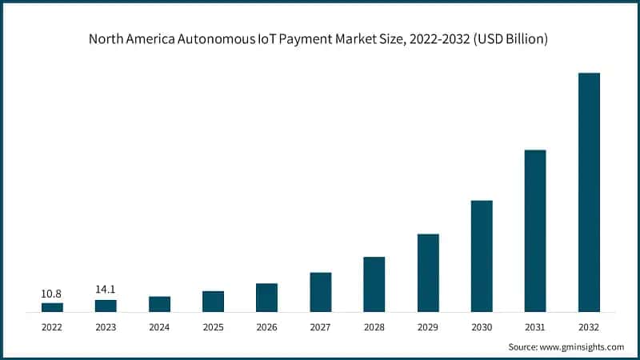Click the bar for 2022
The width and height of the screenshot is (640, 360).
coord(52,307)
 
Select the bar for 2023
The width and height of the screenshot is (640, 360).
coord(106,306)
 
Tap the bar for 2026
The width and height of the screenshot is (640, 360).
coord(266,297)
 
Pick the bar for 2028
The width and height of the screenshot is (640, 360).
coord(374,284)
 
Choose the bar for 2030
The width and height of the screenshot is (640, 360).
coord(481,255)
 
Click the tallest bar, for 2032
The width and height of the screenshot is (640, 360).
coord(589,192)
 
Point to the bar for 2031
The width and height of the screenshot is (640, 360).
coord(534,230)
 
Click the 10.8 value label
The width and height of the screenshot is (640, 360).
coord(52,294)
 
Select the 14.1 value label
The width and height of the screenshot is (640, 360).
coord(106,290)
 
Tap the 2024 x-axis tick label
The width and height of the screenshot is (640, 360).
coord(159,326)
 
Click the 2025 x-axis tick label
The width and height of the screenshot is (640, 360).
coord(213,326)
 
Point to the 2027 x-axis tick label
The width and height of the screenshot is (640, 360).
coord(320,326)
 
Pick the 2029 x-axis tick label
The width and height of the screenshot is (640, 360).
coord(427,326)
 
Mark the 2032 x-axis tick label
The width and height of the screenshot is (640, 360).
coord(589,326)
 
